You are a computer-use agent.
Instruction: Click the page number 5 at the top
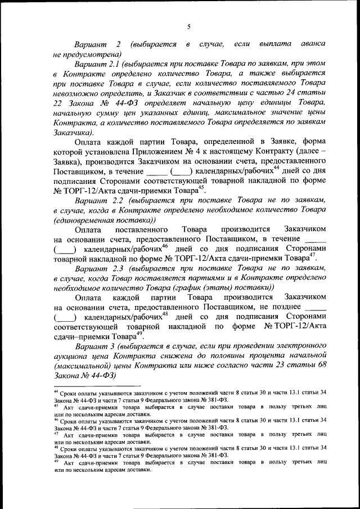(x=189, y=26)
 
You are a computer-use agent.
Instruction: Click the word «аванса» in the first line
(x=312, y=43)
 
